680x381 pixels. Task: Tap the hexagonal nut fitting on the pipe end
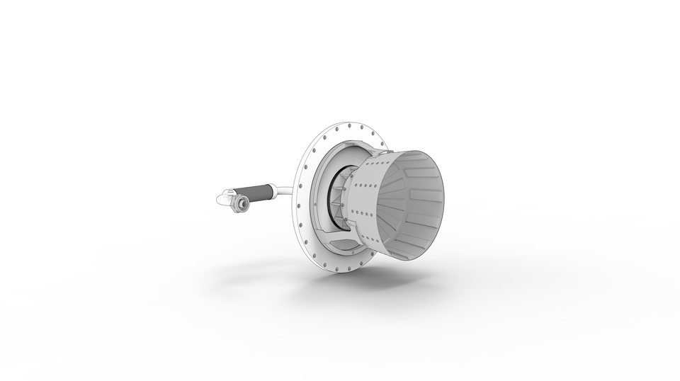pyautogui.click(x=242, y=204)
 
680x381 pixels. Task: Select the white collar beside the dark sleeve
pyautogui.click(x=276, y=190)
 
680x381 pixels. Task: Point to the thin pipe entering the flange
pyautogui.click(x=287, y=190)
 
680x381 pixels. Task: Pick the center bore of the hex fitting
pyautogui.click(x=242, y=205)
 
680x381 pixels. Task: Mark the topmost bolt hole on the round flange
pyautogui.click(x=352, y=127)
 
